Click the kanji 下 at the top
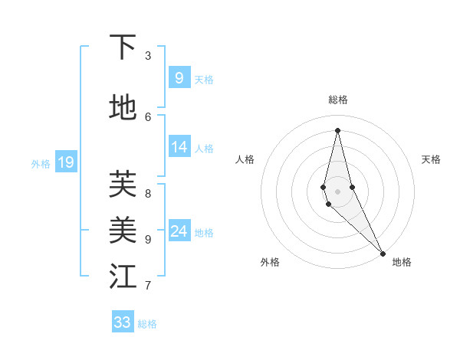123,47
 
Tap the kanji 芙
123,183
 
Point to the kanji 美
123,228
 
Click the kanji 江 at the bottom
123,277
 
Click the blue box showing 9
179,77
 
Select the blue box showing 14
179,147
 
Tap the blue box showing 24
179,231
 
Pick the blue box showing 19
66,162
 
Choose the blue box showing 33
123,322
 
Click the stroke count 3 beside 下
148,56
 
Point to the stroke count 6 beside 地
148,116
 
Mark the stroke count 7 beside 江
148,286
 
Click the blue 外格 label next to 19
41,163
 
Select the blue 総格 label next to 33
147,324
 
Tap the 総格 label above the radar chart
338,100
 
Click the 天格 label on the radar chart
431,159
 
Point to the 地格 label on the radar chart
402,262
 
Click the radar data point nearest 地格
383,253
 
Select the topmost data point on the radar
337,129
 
